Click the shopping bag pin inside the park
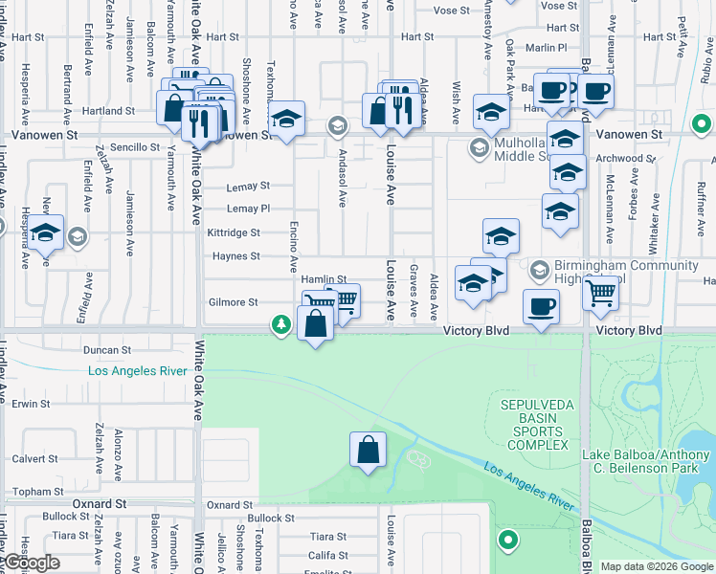(368, 449)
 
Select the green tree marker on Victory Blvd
(280, 326)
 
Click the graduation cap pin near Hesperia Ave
(45, 232)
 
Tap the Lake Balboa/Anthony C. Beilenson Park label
(649, 461)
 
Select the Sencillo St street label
(135, 147)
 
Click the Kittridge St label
(234, 232)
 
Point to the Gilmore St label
(234, 302)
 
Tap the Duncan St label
(106, 351)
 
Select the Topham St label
(37, 491)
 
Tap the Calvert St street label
(37, 456)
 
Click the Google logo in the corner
(31, 563)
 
